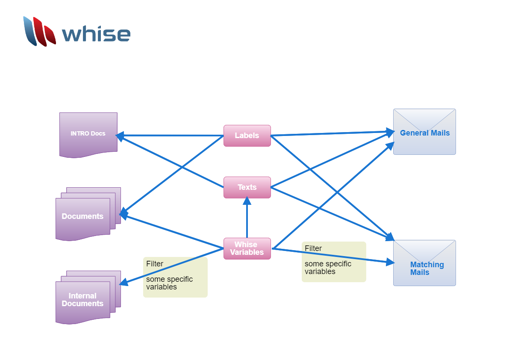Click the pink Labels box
[247, 136]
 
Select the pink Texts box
[247, 187]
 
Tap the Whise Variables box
[247, 248]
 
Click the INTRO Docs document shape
[88, 133]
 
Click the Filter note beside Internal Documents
[175, 277]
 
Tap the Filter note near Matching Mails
[334, 262]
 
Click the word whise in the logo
[96, 34]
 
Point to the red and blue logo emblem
[39, 31]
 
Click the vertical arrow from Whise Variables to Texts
[247, 220]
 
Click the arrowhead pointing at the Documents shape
[124, 214]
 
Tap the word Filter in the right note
[313, 248]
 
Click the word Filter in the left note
[155, 264]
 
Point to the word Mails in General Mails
[440, 133]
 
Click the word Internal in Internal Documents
[82, 296]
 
